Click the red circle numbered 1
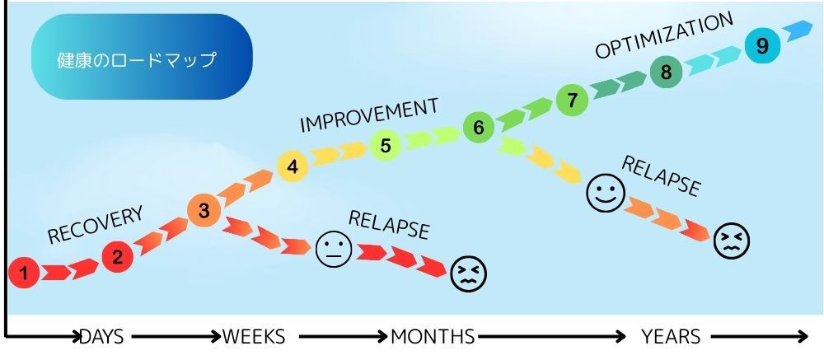[24, 273]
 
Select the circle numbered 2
[117, 258]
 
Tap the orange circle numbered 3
[204, 211]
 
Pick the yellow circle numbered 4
[293, 166]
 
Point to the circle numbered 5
[386, 145]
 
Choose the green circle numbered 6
[479, 127]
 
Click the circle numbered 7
[573, 100]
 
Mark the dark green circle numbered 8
[666, 72]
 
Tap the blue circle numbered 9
[762, 46]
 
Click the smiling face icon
[606, 193]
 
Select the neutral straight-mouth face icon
[334, 249]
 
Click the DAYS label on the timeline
[102, 336]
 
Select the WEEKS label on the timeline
[254, 336]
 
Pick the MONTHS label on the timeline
[433, 336]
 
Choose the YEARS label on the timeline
[671, 336]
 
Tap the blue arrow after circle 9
[798, 30]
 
